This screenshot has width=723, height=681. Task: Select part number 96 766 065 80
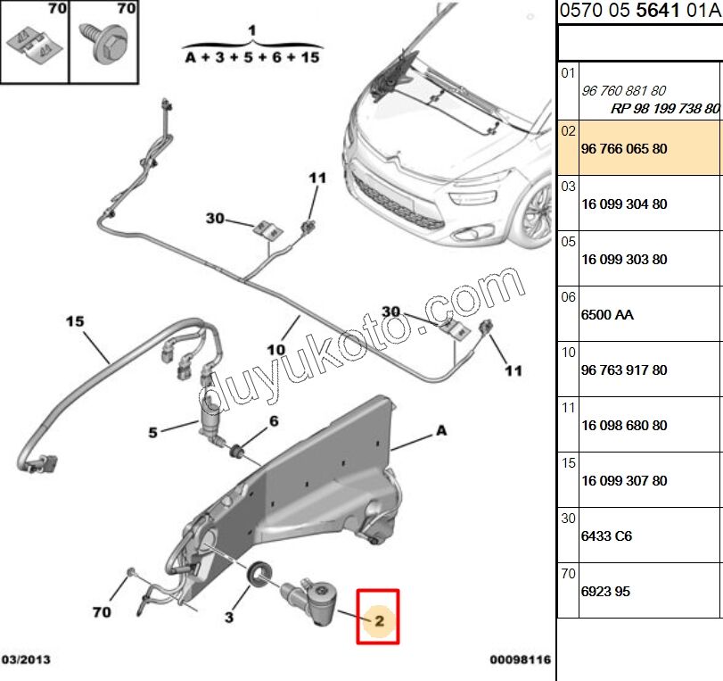(624, 149)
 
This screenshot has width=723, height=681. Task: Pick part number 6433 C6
(606, 536)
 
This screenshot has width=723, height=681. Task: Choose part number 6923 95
(606, 591)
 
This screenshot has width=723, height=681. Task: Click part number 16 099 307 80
(624, 481)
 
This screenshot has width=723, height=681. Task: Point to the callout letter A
(440, 430)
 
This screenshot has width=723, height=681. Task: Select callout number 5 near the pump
(152, 433)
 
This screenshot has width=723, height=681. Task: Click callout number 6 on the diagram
(274, 421)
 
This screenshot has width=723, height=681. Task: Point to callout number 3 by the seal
(228, 617)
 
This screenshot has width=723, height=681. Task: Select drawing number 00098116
(520, 660)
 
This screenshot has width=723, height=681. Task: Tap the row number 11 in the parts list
(569, 407)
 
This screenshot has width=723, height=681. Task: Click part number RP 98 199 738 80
(664, 108)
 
